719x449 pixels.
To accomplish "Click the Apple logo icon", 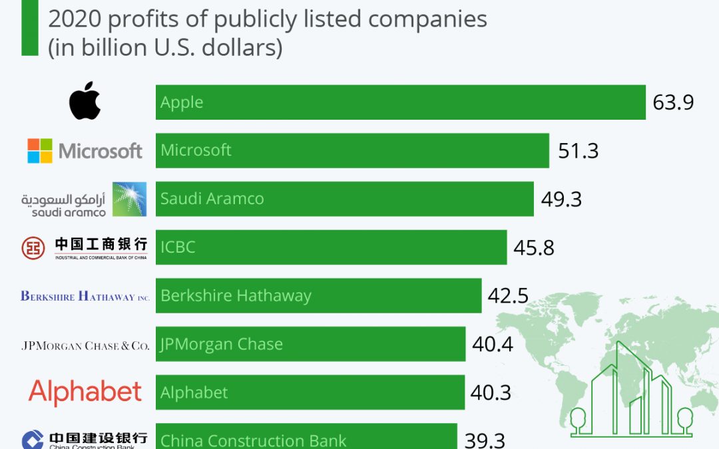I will click(x=85, y=101).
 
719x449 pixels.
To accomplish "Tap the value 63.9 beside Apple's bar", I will click(x=673, y=102).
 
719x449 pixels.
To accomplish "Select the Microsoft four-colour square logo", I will click(x=39, y=151).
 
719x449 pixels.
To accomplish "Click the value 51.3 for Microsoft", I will click(x=578, y=151).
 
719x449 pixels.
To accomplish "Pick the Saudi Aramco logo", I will click(x=83, y=199).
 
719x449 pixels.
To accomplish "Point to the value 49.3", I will click(x=561, y=199).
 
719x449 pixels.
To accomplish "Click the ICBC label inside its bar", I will click(x=178, y=247).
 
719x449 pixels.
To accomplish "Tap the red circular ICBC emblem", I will click(x=33, y=247).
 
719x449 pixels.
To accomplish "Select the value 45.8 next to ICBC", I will click(x=534, y=247).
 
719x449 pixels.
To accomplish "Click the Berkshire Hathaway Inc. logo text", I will click(x=85, y=296).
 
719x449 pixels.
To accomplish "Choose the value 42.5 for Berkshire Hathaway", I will click(x=508, y=295).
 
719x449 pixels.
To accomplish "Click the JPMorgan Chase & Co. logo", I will click(x=85, y=345).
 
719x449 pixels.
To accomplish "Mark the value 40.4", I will click(x=492, y=344).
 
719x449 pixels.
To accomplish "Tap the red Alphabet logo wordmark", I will click(x=85, y=392).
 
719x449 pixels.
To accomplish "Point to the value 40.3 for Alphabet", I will click(x=491, y=392).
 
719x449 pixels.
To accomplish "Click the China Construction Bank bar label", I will click(x=254, y=440).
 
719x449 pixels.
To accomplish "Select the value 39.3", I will click(x=484, y=440).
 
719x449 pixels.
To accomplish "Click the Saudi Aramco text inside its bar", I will click(x=212, y=199).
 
